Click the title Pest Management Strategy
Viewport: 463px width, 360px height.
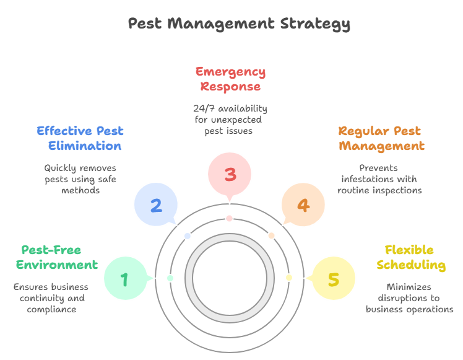coord(239,24)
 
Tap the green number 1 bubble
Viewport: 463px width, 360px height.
coord(124,279)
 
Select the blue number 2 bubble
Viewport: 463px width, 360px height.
coord(156,204)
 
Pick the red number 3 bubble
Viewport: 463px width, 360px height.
coord(230,174)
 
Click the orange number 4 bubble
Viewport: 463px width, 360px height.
coord(303,204)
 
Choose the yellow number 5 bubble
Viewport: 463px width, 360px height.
coord(334,279)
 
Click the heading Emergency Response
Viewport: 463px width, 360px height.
coord(230,79)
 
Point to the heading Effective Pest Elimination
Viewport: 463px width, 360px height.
coord(80,139)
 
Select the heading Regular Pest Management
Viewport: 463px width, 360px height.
coord(381,139)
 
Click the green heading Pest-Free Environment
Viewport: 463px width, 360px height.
coord(57,258)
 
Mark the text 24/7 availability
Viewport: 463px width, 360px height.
coord(230,108)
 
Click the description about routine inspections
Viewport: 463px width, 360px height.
coord(379,179)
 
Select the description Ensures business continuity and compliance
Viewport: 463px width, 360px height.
coord(51,298)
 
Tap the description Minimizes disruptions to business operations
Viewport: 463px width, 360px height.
coord(409,298)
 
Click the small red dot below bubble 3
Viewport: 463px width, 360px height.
coord(230,218)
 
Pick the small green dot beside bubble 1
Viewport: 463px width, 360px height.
coord(170,278)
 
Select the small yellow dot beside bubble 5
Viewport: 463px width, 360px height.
coord(289,278)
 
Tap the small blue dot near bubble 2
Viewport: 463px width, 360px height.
coord(188,236)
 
